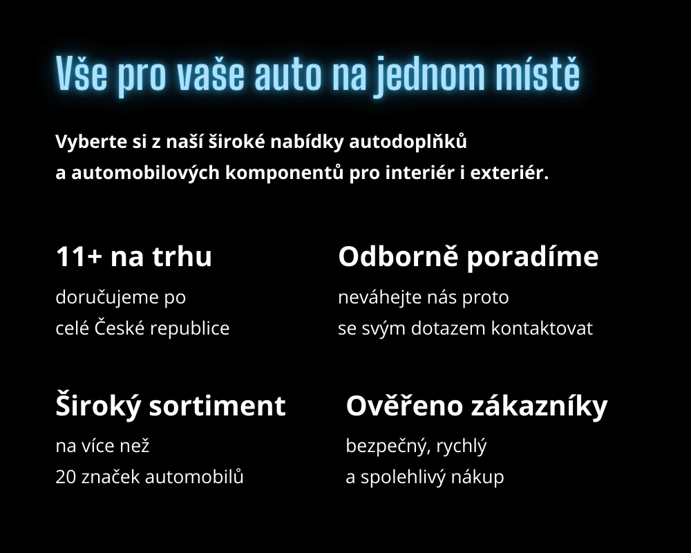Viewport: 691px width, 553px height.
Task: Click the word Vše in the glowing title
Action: click(82, 74)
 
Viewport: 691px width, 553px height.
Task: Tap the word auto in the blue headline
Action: click(288, 75)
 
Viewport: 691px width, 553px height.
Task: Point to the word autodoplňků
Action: click(408, 142)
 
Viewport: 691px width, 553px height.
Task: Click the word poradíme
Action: click(532, 257)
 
